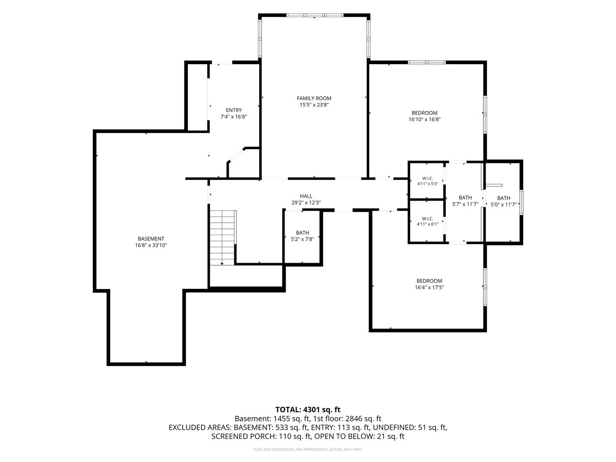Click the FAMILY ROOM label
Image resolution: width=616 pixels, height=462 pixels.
314,98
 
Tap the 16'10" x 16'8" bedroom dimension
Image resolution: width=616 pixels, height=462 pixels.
424,119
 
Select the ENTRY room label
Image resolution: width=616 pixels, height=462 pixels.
234,110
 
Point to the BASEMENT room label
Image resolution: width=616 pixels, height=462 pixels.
151,238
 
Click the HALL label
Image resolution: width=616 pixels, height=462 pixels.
306,196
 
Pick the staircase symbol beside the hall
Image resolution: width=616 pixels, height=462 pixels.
222,237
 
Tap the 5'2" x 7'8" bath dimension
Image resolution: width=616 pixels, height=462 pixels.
302,239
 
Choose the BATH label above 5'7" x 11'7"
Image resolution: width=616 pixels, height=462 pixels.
465,198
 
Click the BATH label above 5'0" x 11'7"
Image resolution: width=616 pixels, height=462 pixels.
503,198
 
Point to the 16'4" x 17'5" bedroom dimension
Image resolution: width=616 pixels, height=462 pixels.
429,287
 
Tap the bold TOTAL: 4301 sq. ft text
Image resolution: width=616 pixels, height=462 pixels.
308,409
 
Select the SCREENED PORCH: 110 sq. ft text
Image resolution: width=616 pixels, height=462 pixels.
261,436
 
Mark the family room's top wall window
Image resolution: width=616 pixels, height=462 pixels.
314,15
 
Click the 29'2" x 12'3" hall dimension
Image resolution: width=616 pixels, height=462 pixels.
306,202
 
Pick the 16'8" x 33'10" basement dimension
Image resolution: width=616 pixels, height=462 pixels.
151,245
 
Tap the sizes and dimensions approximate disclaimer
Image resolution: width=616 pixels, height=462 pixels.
308,449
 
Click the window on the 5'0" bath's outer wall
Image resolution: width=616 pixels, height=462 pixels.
521,202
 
